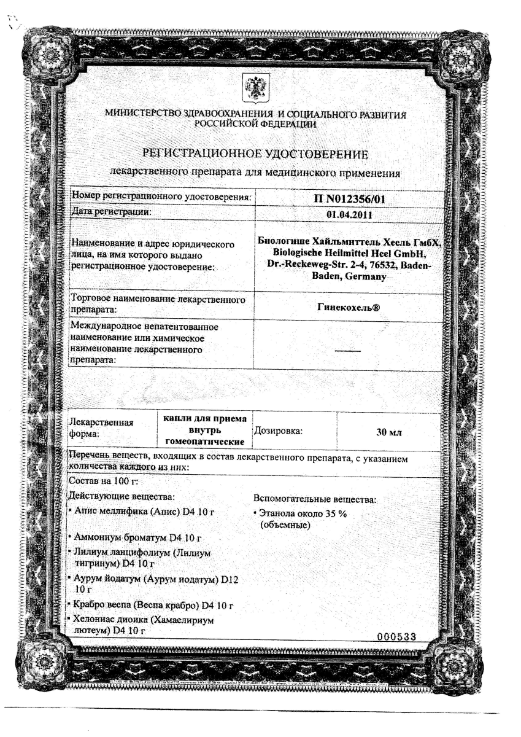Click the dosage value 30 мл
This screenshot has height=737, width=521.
tap(388, 432)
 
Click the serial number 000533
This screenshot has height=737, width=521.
tap(397, 636)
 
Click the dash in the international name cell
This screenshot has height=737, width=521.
tap(349, 350)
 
